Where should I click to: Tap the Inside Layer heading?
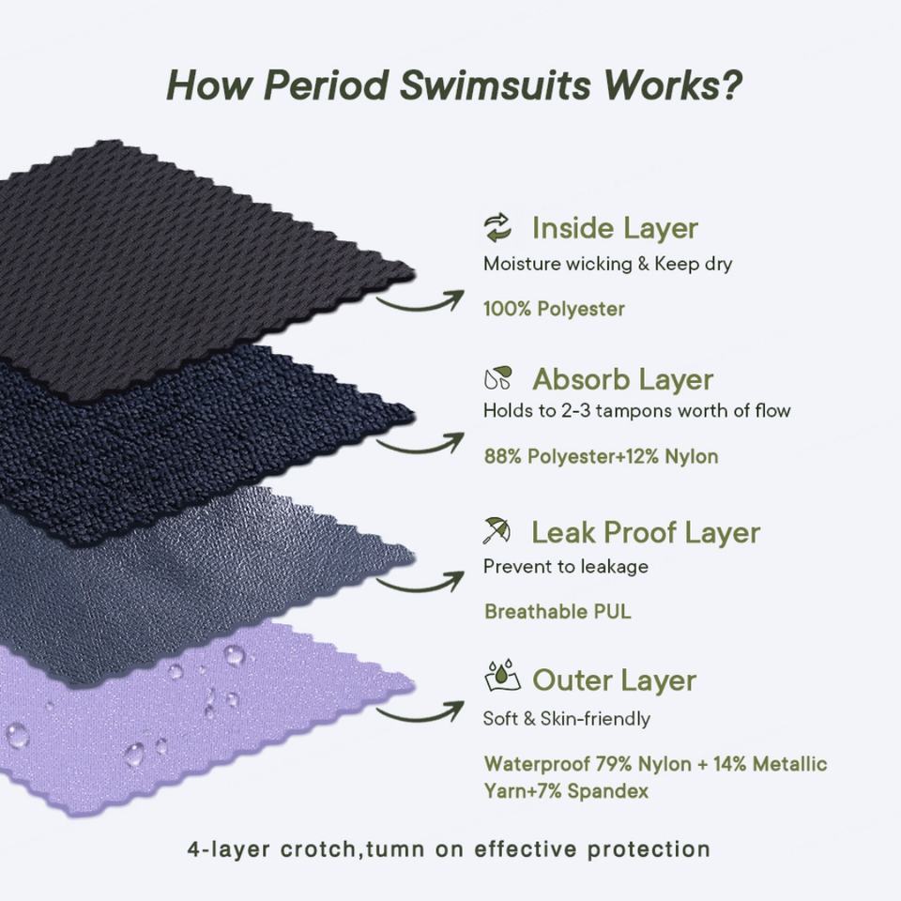click(x=615, y=228)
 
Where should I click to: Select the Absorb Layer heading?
click(x=622, y=379)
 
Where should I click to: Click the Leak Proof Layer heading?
click(x=646, y=532)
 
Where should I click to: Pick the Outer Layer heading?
click(x=614, y=680)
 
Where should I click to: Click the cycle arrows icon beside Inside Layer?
click(x=497, y=227)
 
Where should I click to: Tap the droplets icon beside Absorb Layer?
click(x=497, y=378)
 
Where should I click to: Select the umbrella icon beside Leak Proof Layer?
click(x=497, y=531)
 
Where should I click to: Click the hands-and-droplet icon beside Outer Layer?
click(x=501, y=677)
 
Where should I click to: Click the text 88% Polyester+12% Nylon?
click(x=601, y=457)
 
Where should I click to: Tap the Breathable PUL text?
click(x=557, y=612)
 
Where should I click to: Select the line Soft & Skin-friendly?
click(x=566, y=719)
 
